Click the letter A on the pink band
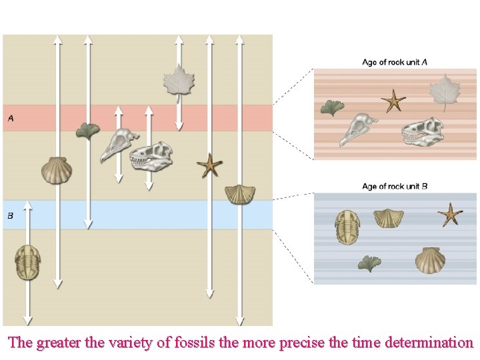(11, 119)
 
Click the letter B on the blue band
(11, 215)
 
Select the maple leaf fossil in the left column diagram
(178, 80)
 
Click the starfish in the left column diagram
(209, 165)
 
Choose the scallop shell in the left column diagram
(56, 170)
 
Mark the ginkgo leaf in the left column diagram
(87, 130)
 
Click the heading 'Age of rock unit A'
(395, 63)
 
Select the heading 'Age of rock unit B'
(395, 186)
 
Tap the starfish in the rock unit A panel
(393, 101)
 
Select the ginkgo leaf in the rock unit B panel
(369, 264)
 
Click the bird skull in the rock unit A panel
(358, 129)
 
